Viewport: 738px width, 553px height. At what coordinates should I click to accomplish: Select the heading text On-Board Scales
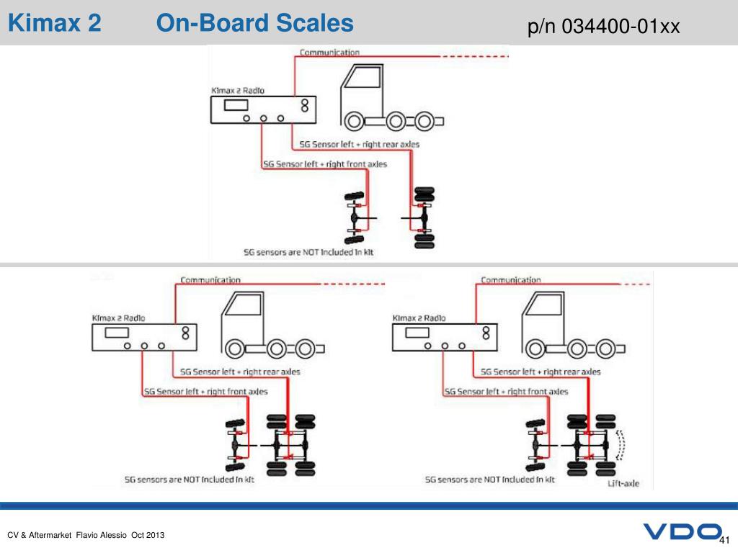click(x=255, y=24)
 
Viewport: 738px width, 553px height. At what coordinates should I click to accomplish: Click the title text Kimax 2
click(x=55, y=24)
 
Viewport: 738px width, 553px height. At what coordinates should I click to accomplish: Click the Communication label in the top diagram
click(x=329, y=53)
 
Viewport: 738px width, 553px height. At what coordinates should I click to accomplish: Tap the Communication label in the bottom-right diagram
click(x=511, y=279)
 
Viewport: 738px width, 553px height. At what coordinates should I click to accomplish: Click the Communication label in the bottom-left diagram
click(x=210, y=279)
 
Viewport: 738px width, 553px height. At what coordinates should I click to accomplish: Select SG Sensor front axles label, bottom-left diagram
click(x=205, y=392)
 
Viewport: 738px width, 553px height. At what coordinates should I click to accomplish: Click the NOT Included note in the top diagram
click(x=309, y=253)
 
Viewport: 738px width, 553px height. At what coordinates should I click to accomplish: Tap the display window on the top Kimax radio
click(x=236, y=105)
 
